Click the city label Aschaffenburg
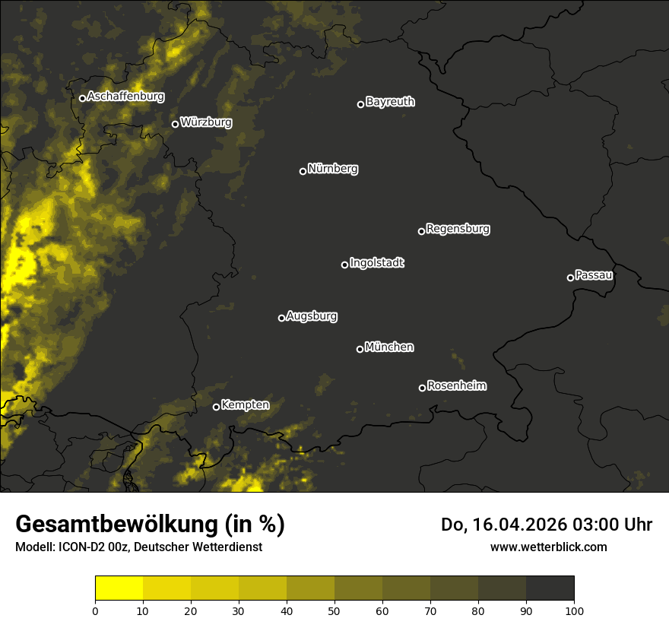[125, 97]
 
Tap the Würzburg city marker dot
[175, 124]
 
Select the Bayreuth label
[390, 102]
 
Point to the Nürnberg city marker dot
[303, 171]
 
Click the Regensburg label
[458, 228]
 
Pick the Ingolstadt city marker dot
[344, 265]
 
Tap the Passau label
[594, 275]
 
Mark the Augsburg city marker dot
[281, 318]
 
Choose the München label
[389, 347]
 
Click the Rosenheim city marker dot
[422, 388]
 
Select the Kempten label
[245, 405]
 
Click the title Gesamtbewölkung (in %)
[150, 525]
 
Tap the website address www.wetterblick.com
[548, 547]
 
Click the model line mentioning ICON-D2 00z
[138, 547]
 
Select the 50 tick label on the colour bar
[334, 610]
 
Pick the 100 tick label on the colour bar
[574, 610]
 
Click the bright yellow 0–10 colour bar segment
[119, 588]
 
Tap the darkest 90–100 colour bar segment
[550, 588]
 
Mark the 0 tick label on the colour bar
[95, 610]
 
